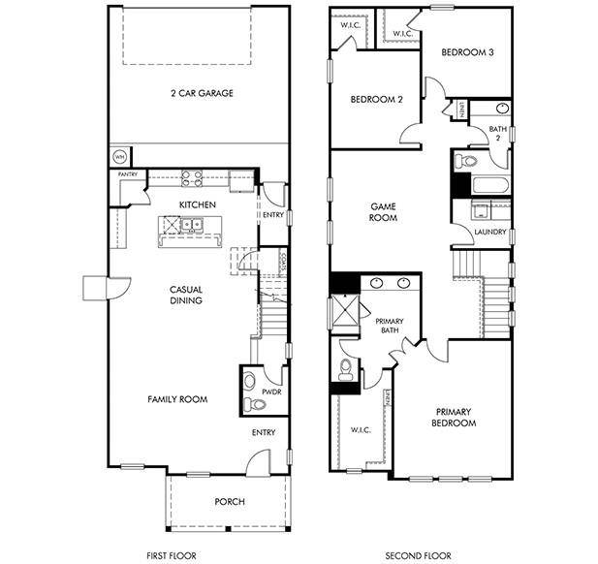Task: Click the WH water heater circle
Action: pos(120,155)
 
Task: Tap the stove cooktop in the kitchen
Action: pos(191,177)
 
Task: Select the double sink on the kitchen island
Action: pos(187,227)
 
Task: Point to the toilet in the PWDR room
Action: pos(249,381)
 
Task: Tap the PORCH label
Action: pos(230,501)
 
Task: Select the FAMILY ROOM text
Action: pos(177,399)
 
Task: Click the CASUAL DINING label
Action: pos(185,295)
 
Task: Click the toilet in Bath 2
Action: pos(466,160)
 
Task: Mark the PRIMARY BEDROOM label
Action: pos(454,417)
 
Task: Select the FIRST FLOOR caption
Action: pos(171,555)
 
